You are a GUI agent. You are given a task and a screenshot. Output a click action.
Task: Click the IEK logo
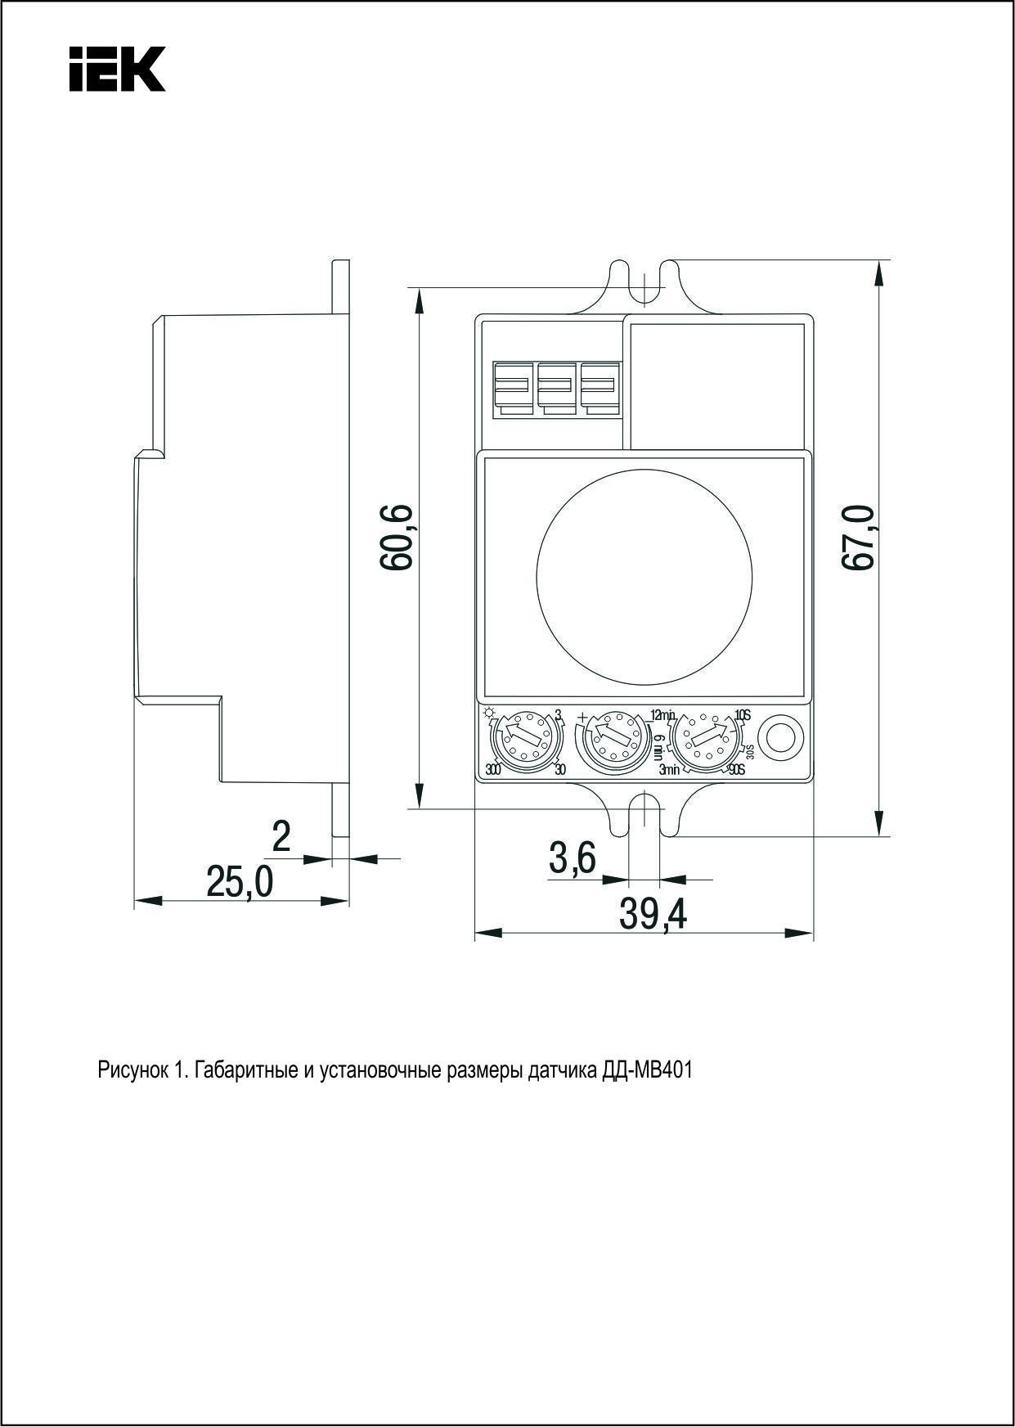pyautogui.click(x=117, y=69)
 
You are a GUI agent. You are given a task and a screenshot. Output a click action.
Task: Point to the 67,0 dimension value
pyautogui.click(x=859, y=538)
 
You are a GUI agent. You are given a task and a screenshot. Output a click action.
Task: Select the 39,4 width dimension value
pyautogui.click(x=653, y=915)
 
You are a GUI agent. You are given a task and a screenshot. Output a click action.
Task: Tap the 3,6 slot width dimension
pyautogui.click(x=573, y=859)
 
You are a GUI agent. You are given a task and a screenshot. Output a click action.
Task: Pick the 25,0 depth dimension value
pyautogui.click(x=239, y=881)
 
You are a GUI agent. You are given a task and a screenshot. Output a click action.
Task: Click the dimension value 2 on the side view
pyautogui.click(x=281, y=836)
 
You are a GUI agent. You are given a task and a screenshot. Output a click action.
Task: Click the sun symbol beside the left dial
pyautogui.click(x=490, y=712)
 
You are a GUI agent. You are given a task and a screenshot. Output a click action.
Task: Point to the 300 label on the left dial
pyautogui.click(x=492, y=769)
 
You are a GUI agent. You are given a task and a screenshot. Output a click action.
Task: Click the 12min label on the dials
pyautogui.click(x=662, y=714)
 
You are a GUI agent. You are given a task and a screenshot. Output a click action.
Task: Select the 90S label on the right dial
pyautogui.click(x=736, y=769)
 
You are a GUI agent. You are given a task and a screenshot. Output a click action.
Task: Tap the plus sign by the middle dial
pyautogui.click(x=582, y=718)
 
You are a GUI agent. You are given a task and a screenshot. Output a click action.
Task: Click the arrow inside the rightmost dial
pyautogui.click(x=705, y=736)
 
